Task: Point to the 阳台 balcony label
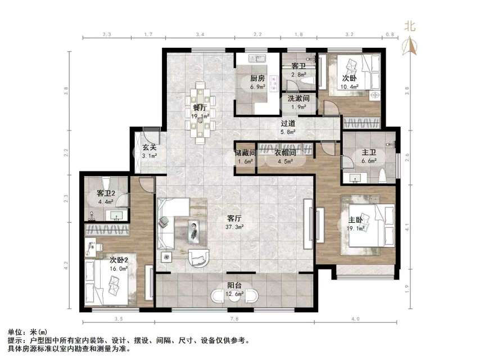[x=234, y=285]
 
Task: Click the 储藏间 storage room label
[x=246, y=152]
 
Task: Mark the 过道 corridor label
[x=289, y=123]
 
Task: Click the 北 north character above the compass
[x=410, y=25]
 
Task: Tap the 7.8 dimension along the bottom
[x=234, y=319]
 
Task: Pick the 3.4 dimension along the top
[x=200, y=35]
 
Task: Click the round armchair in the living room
[x=198, y=256]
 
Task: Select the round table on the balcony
[x=233, y=296]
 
